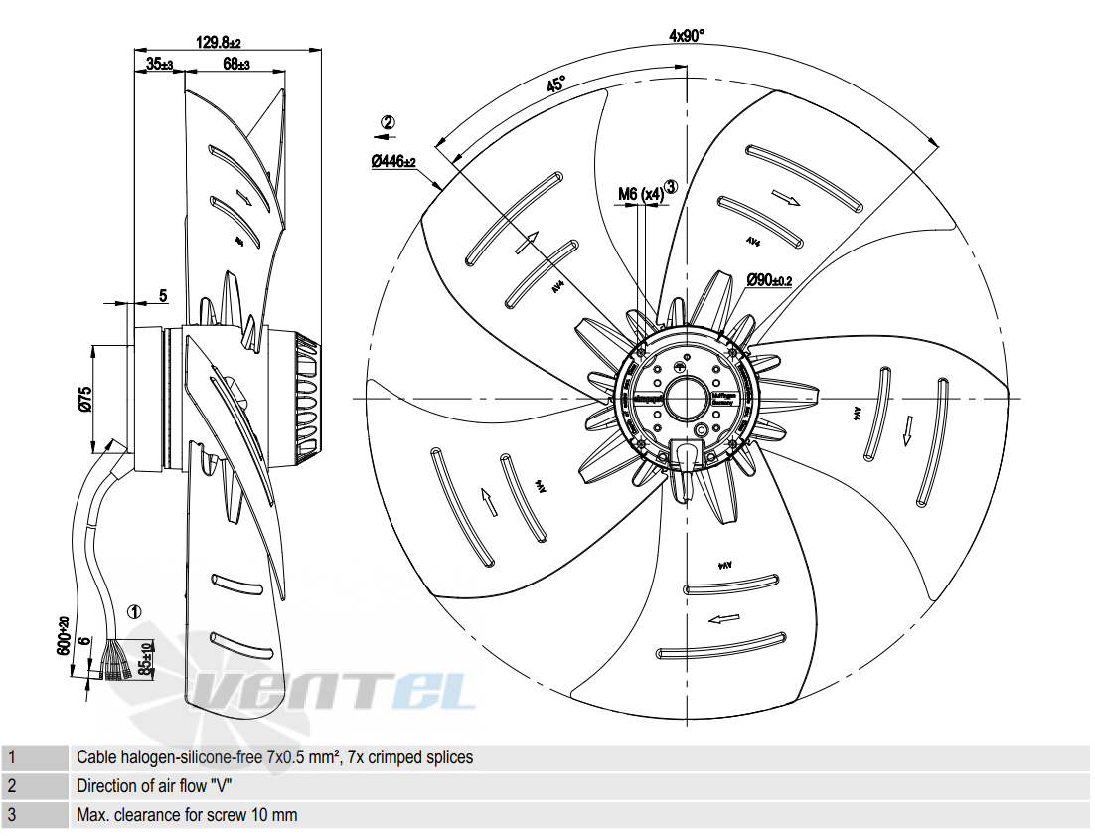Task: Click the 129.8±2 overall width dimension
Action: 219,43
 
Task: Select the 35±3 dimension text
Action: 159,65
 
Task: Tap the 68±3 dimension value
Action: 235,65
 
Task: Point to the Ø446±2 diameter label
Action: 393,161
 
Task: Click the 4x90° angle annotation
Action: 687,36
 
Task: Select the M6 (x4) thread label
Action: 640,194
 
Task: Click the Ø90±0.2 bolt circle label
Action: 769,280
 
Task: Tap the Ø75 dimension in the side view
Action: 85,398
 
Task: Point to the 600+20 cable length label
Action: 64,636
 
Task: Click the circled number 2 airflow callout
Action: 388,123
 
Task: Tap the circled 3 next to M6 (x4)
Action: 672,186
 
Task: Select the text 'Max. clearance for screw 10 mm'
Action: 187,815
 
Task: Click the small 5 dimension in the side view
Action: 163,295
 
